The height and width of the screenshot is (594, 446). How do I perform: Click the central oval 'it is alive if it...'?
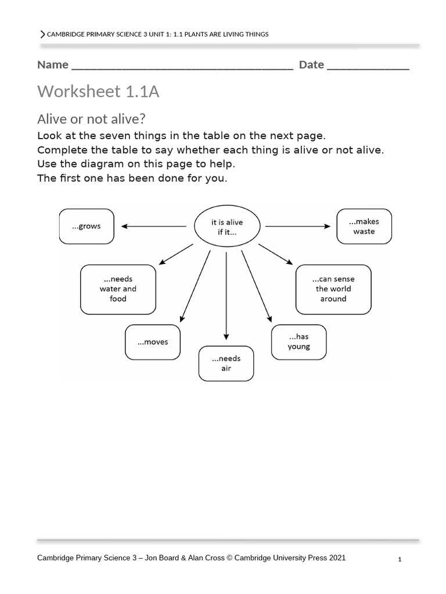(x=226, y=227)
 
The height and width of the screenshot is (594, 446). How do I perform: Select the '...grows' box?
(x=86, y=226)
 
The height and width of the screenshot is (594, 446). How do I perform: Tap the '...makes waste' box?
(x=364, y=226)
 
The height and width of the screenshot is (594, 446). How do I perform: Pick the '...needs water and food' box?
(x=118, y=289)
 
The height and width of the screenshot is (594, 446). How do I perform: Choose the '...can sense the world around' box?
(x=333, y=289)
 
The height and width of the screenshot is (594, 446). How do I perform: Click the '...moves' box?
(x=153, y=342)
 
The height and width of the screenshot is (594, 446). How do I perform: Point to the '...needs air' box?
(x=226, y=363)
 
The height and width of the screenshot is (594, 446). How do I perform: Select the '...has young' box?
(x=299, y=342)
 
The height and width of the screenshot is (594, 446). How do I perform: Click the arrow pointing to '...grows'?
(x=154, y=226)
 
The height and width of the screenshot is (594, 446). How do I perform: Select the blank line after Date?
(x=368, y=66)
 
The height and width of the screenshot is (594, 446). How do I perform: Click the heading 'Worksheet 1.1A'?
(x=98, y=92)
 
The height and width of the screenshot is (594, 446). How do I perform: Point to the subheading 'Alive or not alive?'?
(x=91, y=119)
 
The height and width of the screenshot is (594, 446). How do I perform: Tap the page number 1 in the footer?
(x=400, y=559)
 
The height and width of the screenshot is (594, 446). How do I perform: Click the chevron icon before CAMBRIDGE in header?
(x=42, y=34)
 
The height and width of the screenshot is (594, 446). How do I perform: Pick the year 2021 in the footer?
(x=337, y=558)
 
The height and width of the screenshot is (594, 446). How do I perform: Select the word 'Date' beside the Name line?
(x=311, y=64)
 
